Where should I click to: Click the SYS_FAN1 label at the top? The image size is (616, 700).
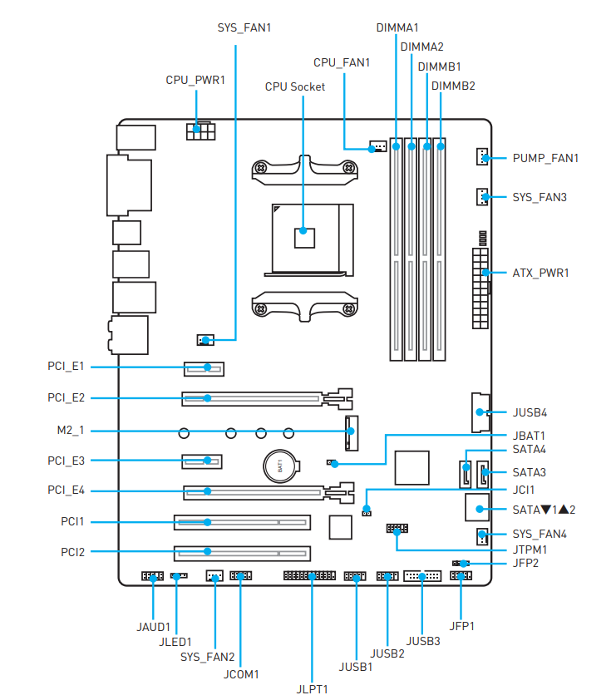click(x=244, y=27)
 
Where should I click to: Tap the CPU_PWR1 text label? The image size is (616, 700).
click(x=195, y=80)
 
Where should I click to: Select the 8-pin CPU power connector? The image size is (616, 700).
click(x=201, y=131)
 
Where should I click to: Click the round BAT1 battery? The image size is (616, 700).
click(x=280, y=466)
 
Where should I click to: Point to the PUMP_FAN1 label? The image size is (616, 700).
click(x=545, y=158)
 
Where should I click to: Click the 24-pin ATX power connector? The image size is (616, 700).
click(x=480, y=288)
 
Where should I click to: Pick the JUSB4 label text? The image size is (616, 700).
click(x=530, y=412)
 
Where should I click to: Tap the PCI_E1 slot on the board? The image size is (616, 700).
click(x=204, y=369)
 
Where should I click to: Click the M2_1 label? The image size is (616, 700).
click(x=71, y=431)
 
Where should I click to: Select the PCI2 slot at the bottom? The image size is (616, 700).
click(x=243, y=553)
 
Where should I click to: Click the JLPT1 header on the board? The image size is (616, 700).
click(x=309, y=576)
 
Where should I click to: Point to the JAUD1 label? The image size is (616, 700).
click(x=153, y=627)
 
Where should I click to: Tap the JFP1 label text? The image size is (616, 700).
click(x=462, y=626)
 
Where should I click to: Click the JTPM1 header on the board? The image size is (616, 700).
click(x=397, y=529)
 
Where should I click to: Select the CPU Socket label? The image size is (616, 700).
click(x=295, y=86)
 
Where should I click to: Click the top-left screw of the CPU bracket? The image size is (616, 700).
click(x=260, y=168)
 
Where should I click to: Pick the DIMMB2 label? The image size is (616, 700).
click(x=453, y=86)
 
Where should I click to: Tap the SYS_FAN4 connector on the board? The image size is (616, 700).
click(x=482, y=536)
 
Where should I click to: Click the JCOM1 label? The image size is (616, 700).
click(x=241, y=674)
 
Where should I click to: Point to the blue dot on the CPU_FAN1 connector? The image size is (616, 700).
click(x=372, y=149)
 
